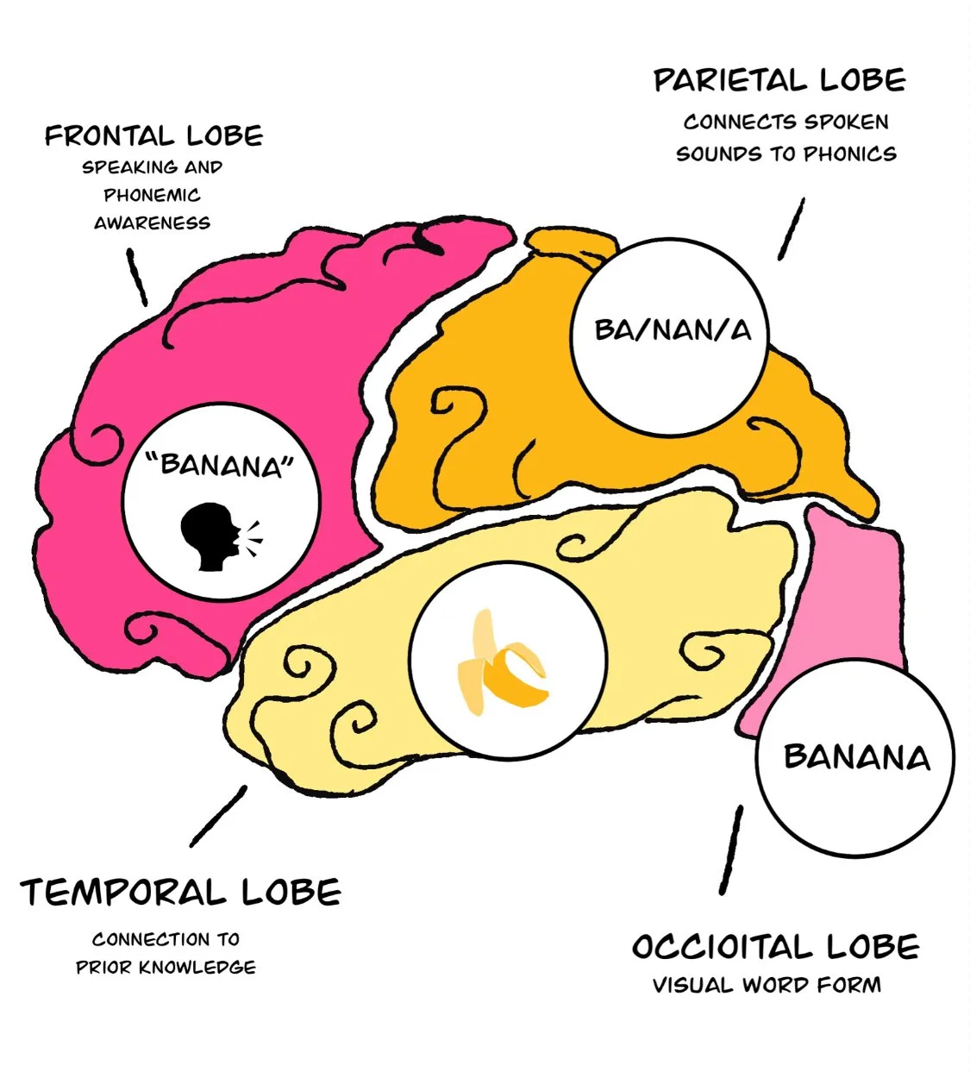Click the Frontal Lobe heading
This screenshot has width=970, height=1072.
point(153,136)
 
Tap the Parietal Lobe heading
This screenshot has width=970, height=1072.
point(779,81)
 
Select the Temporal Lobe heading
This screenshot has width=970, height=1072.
point(180,893)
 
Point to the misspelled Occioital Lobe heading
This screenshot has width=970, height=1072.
point(775,947)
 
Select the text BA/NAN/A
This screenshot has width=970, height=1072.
point(672,330)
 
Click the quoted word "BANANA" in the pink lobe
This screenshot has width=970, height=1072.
point(222,466)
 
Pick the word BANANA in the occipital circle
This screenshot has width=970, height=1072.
point(857,758)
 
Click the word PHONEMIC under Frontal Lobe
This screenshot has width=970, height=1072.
point(153,195)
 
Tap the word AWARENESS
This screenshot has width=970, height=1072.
point(153,223)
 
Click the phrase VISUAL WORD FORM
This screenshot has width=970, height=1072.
point(767,985)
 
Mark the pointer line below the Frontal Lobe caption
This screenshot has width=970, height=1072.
point(136,277)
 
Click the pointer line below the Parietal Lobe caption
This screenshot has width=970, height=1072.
point(792,229)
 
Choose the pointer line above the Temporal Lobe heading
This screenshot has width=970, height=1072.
point(218,815)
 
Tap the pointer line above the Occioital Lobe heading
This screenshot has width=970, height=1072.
point(730,849)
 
